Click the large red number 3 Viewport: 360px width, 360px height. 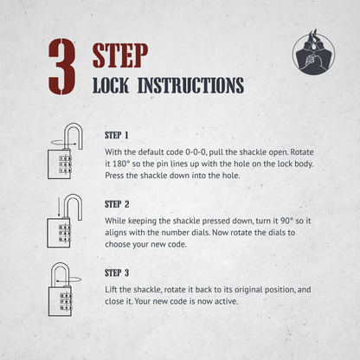[62, 67]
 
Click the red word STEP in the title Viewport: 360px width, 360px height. [120, 55]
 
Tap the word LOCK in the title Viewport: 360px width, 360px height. [111, 86]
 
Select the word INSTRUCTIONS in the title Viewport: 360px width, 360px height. [191, 86]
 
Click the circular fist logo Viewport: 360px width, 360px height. [314, 52]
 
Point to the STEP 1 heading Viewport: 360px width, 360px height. [117, 135]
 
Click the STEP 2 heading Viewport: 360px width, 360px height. [117, 204]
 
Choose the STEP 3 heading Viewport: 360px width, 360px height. [117, 273]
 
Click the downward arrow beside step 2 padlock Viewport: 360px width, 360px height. [59, 207]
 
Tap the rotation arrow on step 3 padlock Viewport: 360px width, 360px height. [68, 280]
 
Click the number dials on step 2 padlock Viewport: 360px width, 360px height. [65, 233]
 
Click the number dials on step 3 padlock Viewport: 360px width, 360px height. [66, 301]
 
